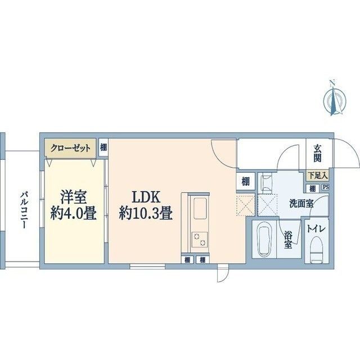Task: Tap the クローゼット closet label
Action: click(x=70, y=148)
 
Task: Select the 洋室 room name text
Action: click(x=73, y=197)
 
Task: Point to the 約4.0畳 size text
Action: click(x=73, y=214)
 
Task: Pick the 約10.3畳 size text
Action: click(x=146, y=214)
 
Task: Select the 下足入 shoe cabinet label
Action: click(x=318, y=175)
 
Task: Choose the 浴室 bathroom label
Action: click(x=288, y=238)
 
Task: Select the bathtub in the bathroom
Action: click(x=263, y=241)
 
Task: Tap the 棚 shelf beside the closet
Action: click(x=103, y=147)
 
